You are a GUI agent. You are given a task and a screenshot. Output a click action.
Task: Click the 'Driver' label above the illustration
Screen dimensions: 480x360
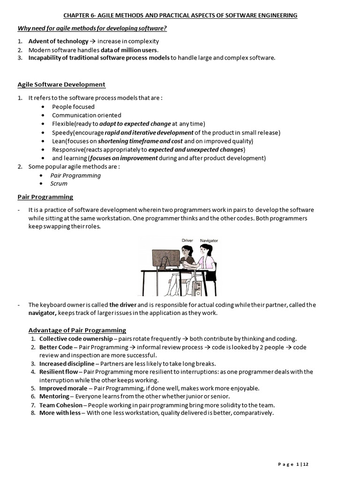tap(187, 240)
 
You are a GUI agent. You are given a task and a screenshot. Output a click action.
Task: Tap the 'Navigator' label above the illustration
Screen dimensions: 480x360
tap(209, 240)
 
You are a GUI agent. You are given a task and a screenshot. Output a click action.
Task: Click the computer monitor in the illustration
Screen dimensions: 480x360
tap(165, 258)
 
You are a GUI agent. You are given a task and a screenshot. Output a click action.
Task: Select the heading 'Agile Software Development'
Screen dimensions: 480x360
tap(61, 84)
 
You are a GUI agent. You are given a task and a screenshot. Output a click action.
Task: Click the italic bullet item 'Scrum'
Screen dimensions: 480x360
tap(59, 183)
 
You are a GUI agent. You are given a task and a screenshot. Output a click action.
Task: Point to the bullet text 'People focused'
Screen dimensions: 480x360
tap(73, 106)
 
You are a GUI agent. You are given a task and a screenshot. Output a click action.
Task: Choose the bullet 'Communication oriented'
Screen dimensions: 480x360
tap(86, 115)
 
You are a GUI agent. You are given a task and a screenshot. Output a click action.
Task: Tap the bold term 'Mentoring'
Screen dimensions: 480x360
tap(55, 397)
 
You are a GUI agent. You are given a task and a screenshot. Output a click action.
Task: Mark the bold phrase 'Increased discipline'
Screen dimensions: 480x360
tap(67, 363)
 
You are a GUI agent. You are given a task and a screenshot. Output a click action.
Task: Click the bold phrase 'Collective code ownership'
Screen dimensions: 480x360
tap(75, 338)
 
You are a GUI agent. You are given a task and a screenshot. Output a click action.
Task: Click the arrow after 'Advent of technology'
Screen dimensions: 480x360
tap(93, 41)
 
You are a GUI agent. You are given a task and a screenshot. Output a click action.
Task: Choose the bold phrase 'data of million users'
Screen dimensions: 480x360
tap(129, 50)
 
